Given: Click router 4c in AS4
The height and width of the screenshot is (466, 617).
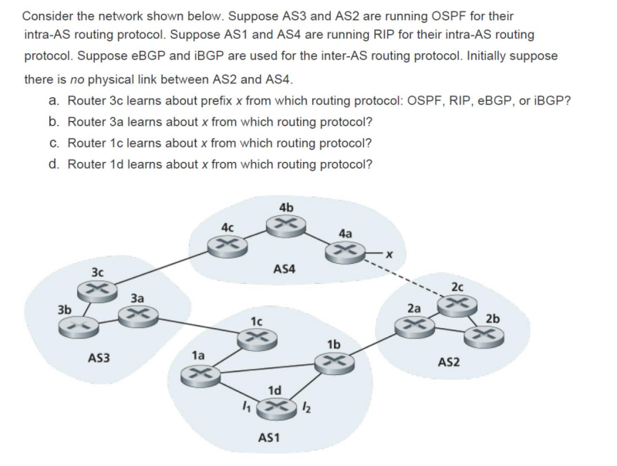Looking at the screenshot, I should coord(226,245).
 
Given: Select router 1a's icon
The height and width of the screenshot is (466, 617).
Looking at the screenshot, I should coord(198,373).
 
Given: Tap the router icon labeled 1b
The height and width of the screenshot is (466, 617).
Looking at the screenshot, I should coord(333,361).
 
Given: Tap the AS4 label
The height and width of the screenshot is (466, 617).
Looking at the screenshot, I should coord(286,268).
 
